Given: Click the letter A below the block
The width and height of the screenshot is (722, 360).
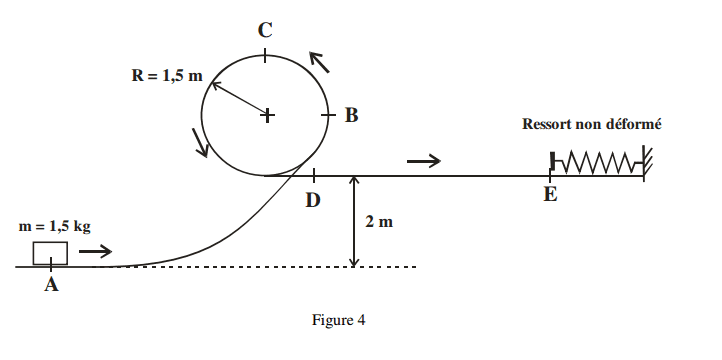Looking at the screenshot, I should click(x=51, y=286).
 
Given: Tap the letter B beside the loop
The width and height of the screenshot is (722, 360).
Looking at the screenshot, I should click(x=351, y=115).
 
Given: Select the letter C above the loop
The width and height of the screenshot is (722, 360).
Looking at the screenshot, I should click(x=265, y=30).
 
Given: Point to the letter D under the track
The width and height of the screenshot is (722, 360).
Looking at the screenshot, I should click(x=313, y=200).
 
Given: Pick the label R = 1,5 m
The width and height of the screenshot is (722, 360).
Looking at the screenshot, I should click(x=165, y=76).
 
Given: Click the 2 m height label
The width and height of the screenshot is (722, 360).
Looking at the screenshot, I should click(x=379, y=222).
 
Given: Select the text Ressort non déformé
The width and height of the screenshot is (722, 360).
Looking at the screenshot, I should click(x=592, y=125).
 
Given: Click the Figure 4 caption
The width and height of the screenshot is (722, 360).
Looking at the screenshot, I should click(x=339, y=321).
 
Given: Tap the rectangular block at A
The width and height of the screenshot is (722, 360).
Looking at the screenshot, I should click(x=50, y=254).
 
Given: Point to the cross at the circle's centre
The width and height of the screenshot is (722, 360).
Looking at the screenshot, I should click(x=267, y=115).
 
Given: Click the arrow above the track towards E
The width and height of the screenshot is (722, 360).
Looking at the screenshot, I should click(x=423, y=160).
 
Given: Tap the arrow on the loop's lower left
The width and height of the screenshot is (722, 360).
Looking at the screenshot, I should click(x=201, y=143).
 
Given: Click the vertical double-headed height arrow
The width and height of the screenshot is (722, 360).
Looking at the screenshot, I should click(x=353, y=221).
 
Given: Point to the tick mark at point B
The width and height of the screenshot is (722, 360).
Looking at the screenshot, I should click(x=328, y=115).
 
